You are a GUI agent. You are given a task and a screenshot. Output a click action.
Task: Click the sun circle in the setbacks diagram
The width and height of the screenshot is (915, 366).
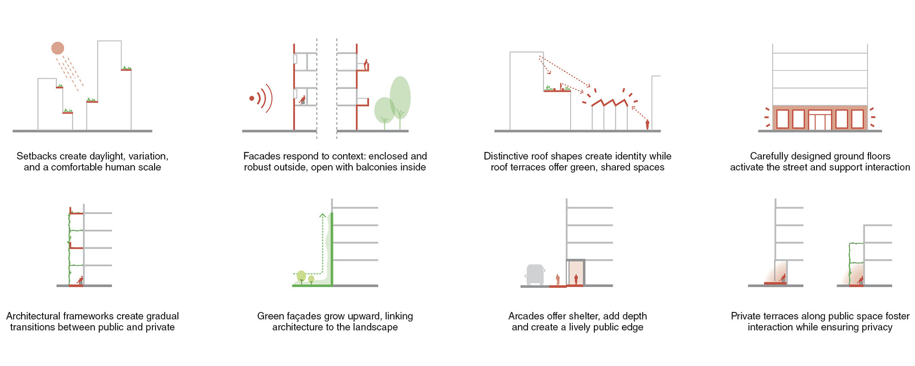point(58,48)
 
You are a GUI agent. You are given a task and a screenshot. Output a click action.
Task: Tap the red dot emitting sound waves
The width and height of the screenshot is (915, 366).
point(252,98)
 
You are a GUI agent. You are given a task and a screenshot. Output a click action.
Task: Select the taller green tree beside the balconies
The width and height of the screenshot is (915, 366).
point(400,97)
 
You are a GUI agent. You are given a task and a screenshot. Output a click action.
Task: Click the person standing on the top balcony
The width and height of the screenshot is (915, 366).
point(366,64)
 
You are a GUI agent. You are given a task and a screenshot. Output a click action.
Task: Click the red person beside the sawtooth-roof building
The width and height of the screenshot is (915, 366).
point(647,124)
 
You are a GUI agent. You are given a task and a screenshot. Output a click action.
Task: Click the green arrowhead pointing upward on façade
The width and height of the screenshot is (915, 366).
point(323,215)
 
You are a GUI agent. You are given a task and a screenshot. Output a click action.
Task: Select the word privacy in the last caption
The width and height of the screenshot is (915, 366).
point(876,327)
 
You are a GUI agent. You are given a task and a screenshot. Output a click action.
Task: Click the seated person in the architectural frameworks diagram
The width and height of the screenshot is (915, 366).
point(81,280)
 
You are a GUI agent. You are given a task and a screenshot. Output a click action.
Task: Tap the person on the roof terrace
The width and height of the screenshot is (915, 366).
point(561,86)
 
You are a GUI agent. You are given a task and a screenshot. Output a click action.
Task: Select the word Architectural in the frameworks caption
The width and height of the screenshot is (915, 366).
point(33,316)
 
